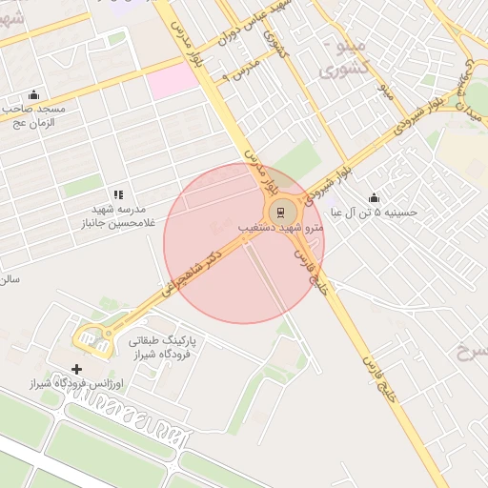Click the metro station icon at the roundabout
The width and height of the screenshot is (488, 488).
coord(280,211)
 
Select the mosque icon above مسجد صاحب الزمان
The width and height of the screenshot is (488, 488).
coord(34,94)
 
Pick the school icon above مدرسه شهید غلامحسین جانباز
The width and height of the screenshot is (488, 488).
coord(119,194)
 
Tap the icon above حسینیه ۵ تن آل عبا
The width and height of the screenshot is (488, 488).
coord(373,197)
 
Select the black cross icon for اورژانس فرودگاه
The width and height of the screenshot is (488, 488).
coord(76,369)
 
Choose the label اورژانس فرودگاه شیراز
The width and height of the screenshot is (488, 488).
coord(70,383)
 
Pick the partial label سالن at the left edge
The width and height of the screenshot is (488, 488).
coord(10,279)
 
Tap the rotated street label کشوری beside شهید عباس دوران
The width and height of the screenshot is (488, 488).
coord(275,44)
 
